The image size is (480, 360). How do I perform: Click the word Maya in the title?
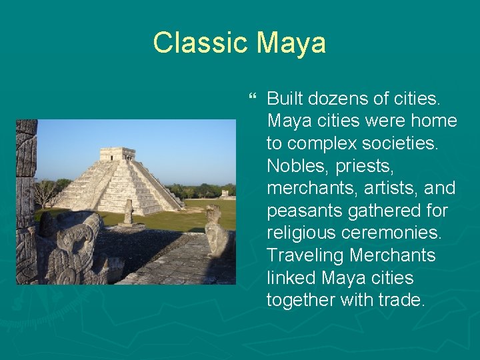[x=292, y=43]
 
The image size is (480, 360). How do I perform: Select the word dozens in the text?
[x=337, y=99]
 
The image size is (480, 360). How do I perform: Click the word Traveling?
[x=304, y=255]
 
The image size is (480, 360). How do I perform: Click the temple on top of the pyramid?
[x=117, y=153]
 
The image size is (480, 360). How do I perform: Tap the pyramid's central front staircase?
[x=119, y=183]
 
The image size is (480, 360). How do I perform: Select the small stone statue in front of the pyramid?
[x=128, y=213]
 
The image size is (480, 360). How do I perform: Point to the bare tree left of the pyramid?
[x=47, y=193]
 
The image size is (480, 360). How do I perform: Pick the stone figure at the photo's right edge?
[x=217, y=233]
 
